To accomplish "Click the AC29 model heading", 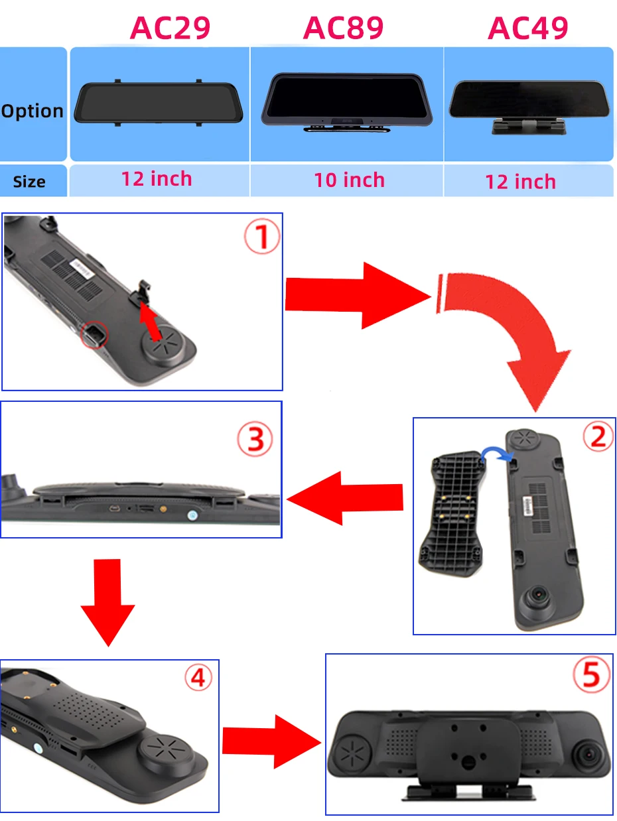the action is [171, 28].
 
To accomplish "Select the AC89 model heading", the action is [343, 28].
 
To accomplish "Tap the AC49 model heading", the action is [528, 28].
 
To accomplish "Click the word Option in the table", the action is [33, 111].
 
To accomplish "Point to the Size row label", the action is [29, 182].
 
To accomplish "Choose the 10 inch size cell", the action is [349, 180].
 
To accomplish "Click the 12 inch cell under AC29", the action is [157, 178].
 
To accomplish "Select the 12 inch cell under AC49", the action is [521, 182].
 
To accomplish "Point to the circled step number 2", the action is [598, 437].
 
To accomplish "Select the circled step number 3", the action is [255, 440].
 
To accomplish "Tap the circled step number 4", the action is [198, 678].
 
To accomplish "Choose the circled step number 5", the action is [591, 674].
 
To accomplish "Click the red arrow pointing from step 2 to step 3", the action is [345, 497].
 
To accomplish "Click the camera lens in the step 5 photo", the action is [588, 753].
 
